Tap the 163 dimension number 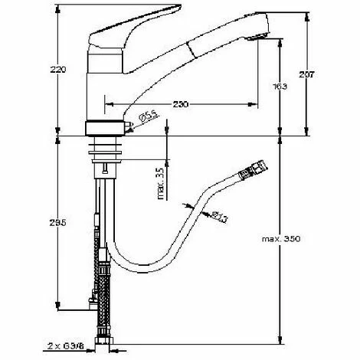tap(280, 87)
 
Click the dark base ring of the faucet tap(106, 128)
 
